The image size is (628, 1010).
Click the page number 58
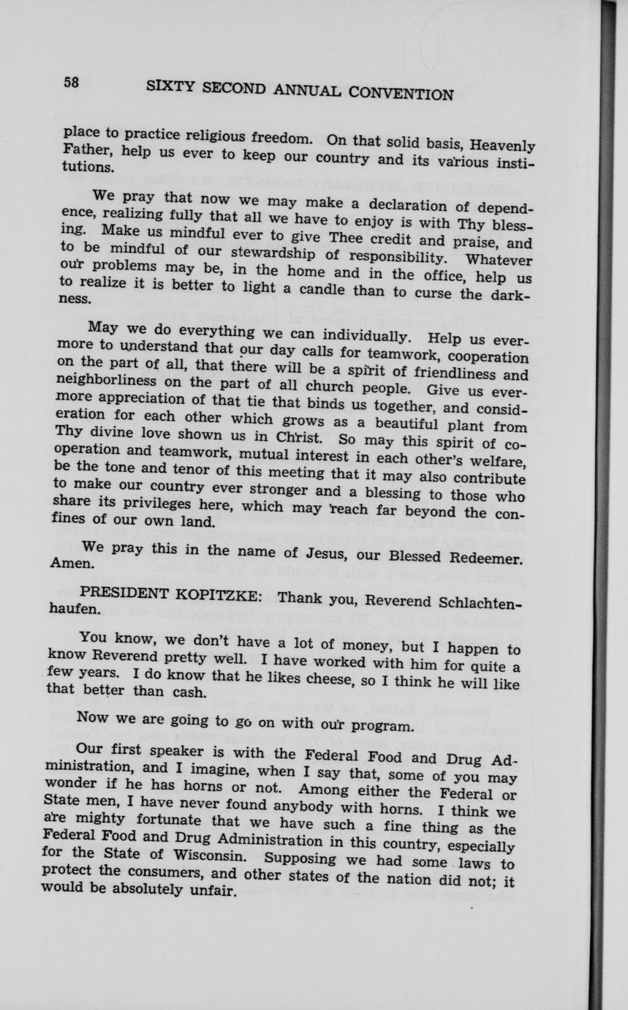click(71, 82)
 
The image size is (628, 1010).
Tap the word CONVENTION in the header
click(401, 93)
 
